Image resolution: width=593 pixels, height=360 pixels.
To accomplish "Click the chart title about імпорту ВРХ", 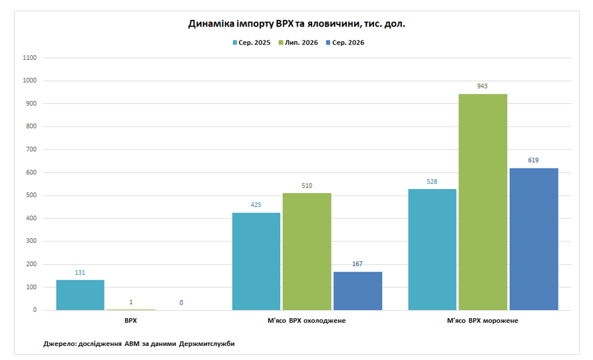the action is [297, 24].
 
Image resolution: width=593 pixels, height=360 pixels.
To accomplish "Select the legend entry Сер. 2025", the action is [252, 43].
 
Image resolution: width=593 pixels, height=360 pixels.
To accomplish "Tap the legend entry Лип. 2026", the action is [298, 43].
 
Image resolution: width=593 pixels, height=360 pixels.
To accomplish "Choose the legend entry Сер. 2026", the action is [345, 43].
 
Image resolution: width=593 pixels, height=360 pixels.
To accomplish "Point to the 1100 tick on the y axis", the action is [29, 58].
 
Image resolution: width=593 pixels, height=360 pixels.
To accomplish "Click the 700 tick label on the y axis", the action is [31, 149].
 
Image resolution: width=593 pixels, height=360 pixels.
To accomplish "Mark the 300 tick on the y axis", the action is [31, 241].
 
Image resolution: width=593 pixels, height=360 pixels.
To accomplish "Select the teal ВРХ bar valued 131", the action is [80, 295].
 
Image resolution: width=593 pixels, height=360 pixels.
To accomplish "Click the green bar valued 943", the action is [483, 202].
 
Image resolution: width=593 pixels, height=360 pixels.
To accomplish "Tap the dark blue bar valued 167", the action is [358, 291].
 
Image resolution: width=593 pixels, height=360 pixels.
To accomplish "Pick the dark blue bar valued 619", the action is [534, 239].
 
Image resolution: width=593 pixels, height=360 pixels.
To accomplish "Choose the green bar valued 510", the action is [307, 252].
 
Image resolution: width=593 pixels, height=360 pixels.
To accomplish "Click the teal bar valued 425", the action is [256, 262].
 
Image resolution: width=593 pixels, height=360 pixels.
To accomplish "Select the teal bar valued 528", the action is [432, 250].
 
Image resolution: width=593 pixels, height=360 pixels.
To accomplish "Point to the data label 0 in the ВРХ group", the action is [181, 303].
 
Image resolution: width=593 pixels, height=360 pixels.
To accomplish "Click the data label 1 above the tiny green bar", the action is [131, 302].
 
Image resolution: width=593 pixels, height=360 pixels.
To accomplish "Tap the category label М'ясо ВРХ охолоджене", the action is [306, 321].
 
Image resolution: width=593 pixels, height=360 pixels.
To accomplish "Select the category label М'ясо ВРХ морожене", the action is [483, 321].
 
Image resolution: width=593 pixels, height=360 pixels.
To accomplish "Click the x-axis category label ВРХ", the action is [130, 321].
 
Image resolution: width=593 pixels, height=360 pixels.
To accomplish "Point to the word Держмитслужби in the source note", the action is [206, 344].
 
